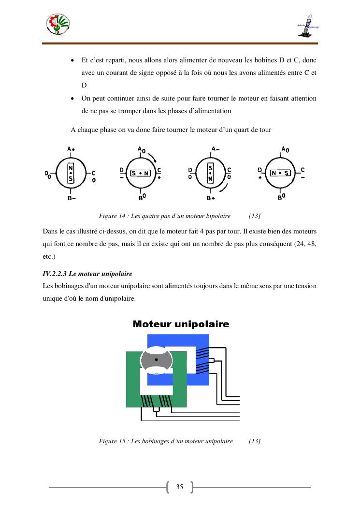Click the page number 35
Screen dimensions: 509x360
(180, 487)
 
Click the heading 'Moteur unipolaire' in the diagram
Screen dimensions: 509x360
(181, 324)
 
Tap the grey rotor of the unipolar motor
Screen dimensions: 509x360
(156, 361)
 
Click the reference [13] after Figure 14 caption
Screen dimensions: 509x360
(254, 216)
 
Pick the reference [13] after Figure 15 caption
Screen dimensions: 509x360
(254, 441)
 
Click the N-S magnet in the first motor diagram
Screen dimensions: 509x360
(71, 174)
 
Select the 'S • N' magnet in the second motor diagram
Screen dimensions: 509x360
(140, 173)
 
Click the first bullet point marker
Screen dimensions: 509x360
(72, 61)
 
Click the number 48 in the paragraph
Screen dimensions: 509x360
(312, 244)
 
